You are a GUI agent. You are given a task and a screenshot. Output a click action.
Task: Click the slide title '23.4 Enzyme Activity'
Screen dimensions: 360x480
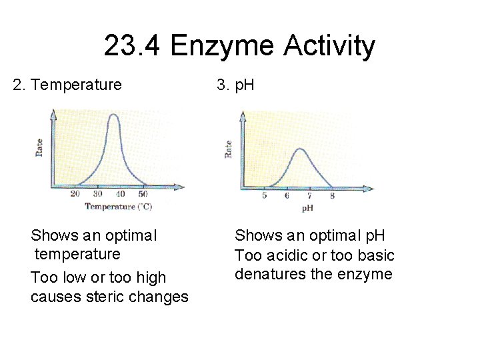[x=239, y=47]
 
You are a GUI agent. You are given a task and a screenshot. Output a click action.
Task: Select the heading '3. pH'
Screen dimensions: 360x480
[x=235, y=85]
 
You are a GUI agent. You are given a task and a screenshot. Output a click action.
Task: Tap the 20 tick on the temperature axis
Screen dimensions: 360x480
[x=75, y=194]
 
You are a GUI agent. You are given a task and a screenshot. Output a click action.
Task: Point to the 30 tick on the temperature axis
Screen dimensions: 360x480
[x=97, y=194]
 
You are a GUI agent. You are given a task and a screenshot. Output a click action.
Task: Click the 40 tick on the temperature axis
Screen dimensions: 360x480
[x=120, y=194]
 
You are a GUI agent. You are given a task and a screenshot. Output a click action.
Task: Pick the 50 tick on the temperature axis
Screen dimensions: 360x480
[x=143, y=194]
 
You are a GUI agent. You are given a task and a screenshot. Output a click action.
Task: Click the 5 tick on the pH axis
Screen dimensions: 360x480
[x=265, y=196]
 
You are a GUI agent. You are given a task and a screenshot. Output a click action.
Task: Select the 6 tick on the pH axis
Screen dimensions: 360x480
[x=287, y=196]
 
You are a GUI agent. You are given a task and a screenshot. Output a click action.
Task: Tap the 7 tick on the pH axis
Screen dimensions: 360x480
[x=309, y=196]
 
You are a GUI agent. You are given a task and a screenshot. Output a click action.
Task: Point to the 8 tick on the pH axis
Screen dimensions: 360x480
[x=332, y=196]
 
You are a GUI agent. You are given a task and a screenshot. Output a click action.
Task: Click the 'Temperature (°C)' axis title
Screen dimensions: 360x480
[x=118, y=207]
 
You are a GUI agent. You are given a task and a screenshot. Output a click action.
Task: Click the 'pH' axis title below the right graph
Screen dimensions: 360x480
[x=308, y=209]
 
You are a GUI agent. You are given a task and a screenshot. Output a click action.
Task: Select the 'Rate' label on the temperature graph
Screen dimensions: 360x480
[x=39, y=147]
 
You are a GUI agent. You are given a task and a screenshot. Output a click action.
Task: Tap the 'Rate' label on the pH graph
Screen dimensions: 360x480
[x=229, y=149]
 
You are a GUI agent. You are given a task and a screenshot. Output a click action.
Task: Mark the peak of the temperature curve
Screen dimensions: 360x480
[x=114, y=115]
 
